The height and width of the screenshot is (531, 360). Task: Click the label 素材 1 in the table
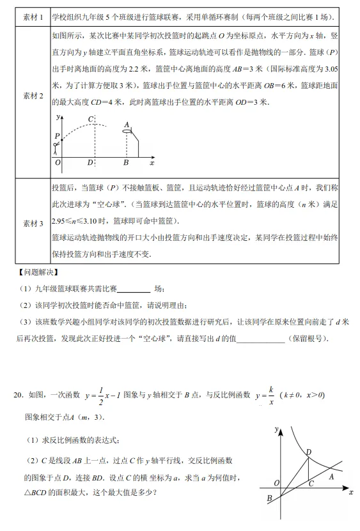(x=33, y=17)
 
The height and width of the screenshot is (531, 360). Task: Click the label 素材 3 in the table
(x=33, y=224)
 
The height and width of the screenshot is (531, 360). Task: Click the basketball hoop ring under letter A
(x=127, y=131)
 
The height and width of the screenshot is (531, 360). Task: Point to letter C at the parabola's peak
(x=91, y=119)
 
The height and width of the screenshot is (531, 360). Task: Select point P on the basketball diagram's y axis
(x=58, y=136)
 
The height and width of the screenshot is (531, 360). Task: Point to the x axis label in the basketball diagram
(x=152, y=163)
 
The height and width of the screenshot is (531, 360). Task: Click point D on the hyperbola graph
(x=308, y=452)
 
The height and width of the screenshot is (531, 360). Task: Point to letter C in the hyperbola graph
(x=310, y=484)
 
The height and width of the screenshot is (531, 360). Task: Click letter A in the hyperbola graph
(x=330, y=475)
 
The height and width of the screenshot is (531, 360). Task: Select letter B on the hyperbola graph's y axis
(x=269, y=499)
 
